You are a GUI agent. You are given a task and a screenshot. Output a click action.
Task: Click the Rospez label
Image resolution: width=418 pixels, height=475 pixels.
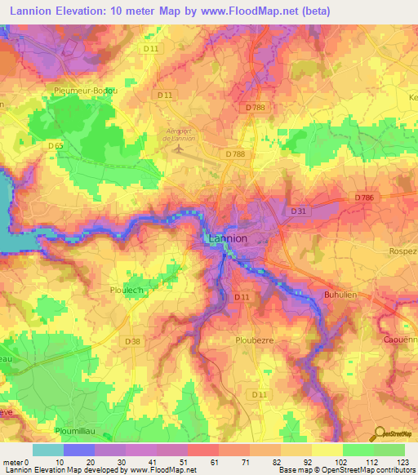(403, 251)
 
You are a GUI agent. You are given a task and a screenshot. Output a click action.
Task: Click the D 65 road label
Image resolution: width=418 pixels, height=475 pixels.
(56, 145)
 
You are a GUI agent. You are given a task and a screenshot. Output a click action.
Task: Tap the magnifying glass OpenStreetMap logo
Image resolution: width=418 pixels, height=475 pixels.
(380, 433)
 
